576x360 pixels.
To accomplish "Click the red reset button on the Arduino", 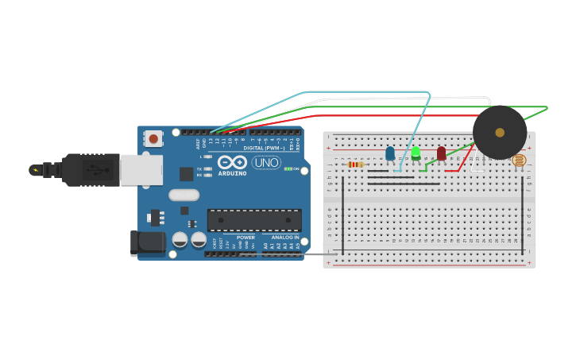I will pos(153,138).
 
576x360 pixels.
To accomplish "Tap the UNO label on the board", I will pos(266,162).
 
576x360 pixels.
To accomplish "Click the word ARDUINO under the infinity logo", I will pos(232,173).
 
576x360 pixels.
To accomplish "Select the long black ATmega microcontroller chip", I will pos(254,220).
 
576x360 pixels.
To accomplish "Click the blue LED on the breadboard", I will pos(389,153).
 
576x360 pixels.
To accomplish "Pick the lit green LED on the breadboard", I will pos(416,153).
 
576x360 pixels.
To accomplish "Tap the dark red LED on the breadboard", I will pos(441,153).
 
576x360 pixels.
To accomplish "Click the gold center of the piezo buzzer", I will pos(500,132).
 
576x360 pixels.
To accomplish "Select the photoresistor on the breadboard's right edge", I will pos(519,161).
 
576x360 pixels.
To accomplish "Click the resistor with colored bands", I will pos(356,165).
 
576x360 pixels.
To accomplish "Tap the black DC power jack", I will pos(148,243).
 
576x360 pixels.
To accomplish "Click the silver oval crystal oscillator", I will pos(184,195).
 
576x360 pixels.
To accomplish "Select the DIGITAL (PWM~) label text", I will pos(264,148).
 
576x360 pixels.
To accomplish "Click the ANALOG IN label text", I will pos(286,237).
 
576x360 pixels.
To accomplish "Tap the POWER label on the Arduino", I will pos(245,237).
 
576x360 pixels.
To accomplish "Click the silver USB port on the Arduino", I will pos(141,170).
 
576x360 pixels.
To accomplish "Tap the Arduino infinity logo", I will pos(232,162).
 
